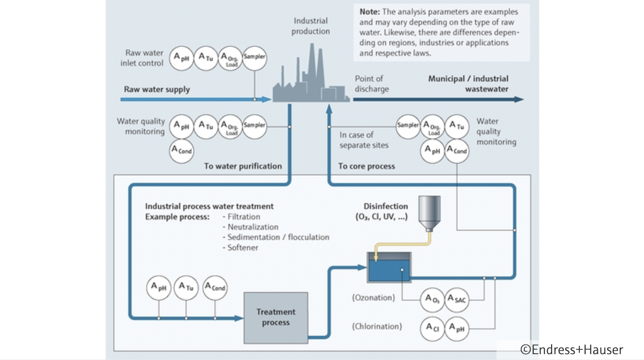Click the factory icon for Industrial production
click(310, 80)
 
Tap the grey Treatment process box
click(276, 317)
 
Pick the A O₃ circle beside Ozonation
click(431, 299)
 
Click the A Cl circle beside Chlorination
click(432, 328)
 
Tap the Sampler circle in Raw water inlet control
click(254, 57)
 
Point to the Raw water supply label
click(157, 90)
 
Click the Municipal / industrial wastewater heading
click(468, 84)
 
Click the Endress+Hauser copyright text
click(572, 349)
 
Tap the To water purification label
click(243, 166)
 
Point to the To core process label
click(366, 166)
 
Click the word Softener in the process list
click(243, 248)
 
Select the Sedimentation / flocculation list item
click(278, 237)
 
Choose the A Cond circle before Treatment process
click(215, 287)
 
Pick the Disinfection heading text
click(386, 206)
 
